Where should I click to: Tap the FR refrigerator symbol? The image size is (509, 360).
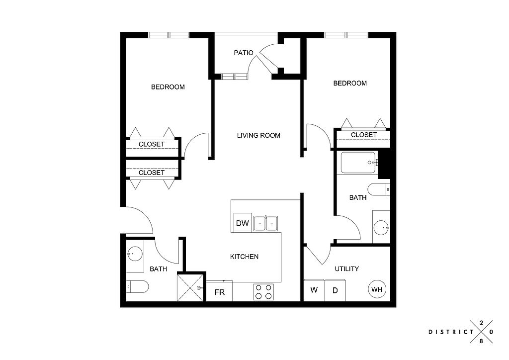point(219,291)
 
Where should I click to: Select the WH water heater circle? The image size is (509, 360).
point(377,289)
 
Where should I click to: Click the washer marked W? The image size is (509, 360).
point(314,290)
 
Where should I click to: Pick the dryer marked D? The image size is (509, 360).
point(335,290)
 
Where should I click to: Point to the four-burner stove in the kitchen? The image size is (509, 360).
point(263,291)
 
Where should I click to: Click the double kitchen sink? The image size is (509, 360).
point(265,223)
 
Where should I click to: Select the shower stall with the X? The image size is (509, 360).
point(191,287)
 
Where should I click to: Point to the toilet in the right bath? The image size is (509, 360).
point(379,189)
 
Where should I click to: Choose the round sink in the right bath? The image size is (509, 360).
point(381,228)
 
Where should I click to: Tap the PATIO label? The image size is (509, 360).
point(244,53)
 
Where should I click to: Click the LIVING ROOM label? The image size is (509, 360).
point(258,135)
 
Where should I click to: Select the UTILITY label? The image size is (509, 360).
point(346,269)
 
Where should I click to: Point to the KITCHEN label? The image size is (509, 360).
point(244,257)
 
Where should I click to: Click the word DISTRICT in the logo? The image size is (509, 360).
point(451,332)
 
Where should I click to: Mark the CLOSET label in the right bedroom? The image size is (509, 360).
point(363,135)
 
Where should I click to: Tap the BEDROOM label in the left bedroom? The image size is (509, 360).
point(168,87)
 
